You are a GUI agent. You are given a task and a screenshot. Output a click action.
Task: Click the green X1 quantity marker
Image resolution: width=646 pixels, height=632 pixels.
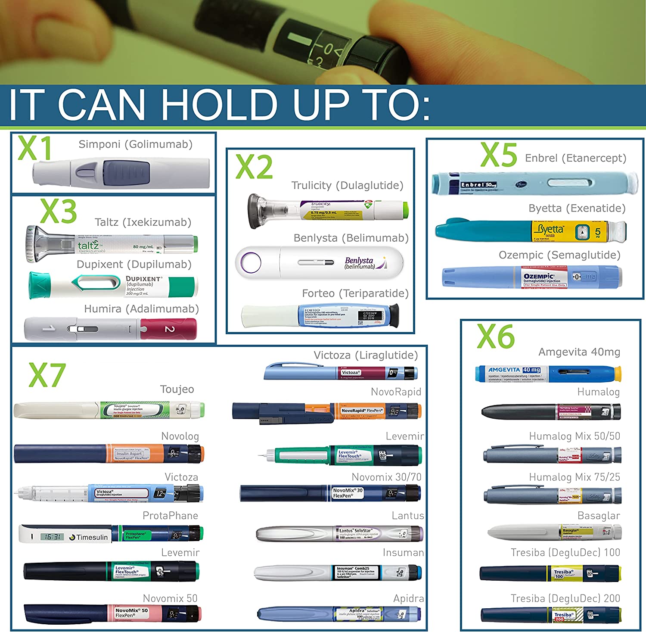[35, 148]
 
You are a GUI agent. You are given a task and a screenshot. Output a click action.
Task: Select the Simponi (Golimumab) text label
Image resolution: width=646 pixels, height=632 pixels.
[135, 144]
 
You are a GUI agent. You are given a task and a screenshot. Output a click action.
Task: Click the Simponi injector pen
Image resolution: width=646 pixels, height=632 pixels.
[121, 173]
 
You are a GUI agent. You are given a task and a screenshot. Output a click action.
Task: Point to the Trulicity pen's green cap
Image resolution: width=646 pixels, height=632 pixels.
[405, 210]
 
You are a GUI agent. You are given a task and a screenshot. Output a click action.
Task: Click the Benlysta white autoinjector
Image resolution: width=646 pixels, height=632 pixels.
[319, 262]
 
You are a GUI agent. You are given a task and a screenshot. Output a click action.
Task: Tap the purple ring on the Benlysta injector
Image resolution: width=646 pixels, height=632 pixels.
[251, 262]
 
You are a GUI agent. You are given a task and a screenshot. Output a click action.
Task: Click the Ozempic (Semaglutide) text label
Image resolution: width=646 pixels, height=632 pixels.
[559, 255]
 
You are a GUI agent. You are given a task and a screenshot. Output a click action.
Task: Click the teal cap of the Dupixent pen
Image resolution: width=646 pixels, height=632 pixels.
[39, 285]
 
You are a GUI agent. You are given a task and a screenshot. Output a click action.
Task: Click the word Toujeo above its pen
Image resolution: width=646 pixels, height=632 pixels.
[177, 389]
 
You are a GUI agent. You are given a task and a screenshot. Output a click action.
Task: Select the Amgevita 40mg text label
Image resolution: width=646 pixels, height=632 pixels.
[579, 352]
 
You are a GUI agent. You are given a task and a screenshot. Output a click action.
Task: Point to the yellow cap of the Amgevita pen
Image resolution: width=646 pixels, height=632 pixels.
[618, 374]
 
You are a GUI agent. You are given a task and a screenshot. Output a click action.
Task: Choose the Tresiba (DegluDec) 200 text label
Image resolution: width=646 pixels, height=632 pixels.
[565, 598]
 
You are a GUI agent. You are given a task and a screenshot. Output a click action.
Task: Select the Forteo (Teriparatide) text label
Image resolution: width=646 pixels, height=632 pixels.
[355, 293]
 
